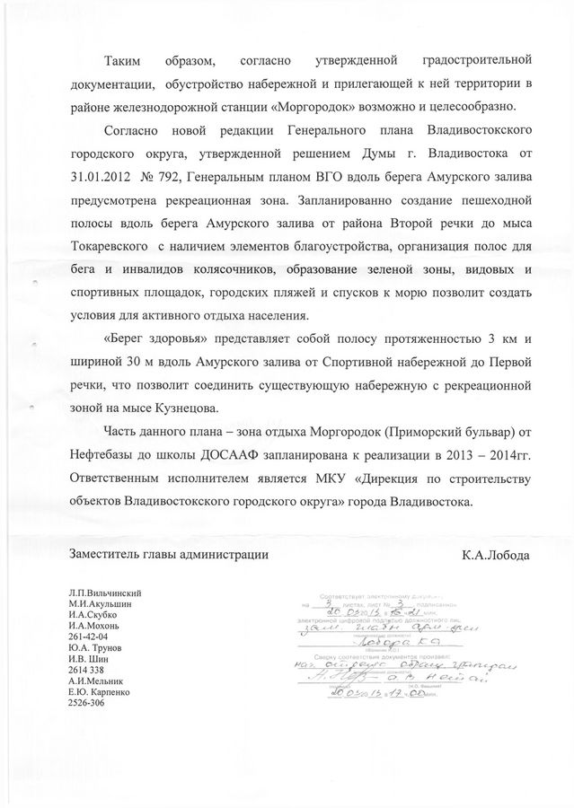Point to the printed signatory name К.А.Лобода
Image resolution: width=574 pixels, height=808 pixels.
pos(496,555)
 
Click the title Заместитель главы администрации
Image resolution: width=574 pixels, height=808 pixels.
pos(168,555)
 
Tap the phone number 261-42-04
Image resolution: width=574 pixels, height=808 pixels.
pos(87,637)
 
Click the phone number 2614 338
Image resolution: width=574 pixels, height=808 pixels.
pos(85,670)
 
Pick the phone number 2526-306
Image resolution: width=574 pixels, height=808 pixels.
pos(86,702)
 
